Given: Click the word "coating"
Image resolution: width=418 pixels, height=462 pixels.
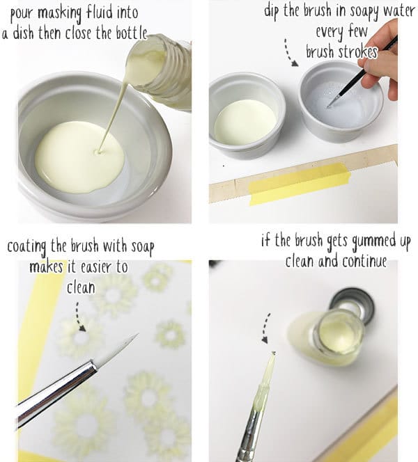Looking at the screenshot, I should tap(33, 247).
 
